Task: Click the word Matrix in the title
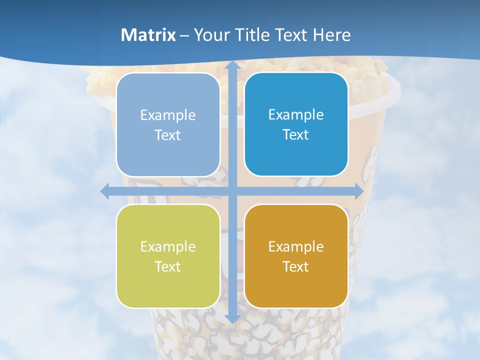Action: click(148, 35)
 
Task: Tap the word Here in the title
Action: click(331, 35)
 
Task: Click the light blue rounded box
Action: click(168, 125)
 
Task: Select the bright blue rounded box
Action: click(296, 124)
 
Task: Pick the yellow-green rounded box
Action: click(168, 256)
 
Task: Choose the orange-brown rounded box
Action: click(296, 256)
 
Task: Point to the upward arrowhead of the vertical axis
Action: click(232, 66)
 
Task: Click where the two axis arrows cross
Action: click(232, 191)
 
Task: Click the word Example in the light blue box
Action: click(168, 115)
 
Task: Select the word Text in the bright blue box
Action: click(296, 134)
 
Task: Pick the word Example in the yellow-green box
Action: click(168, 246)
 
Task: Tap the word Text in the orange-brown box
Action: click(296, 266)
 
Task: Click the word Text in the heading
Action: click(290, 35)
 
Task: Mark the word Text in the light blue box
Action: click(168, 135)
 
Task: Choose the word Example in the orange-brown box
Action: click(296, 246)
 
